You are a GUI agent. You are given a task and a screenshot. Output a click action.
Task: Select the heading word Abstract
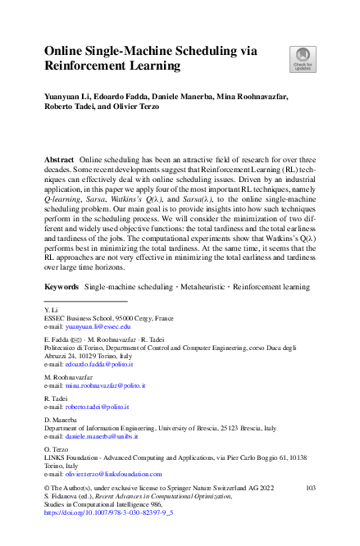[58, 157]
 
